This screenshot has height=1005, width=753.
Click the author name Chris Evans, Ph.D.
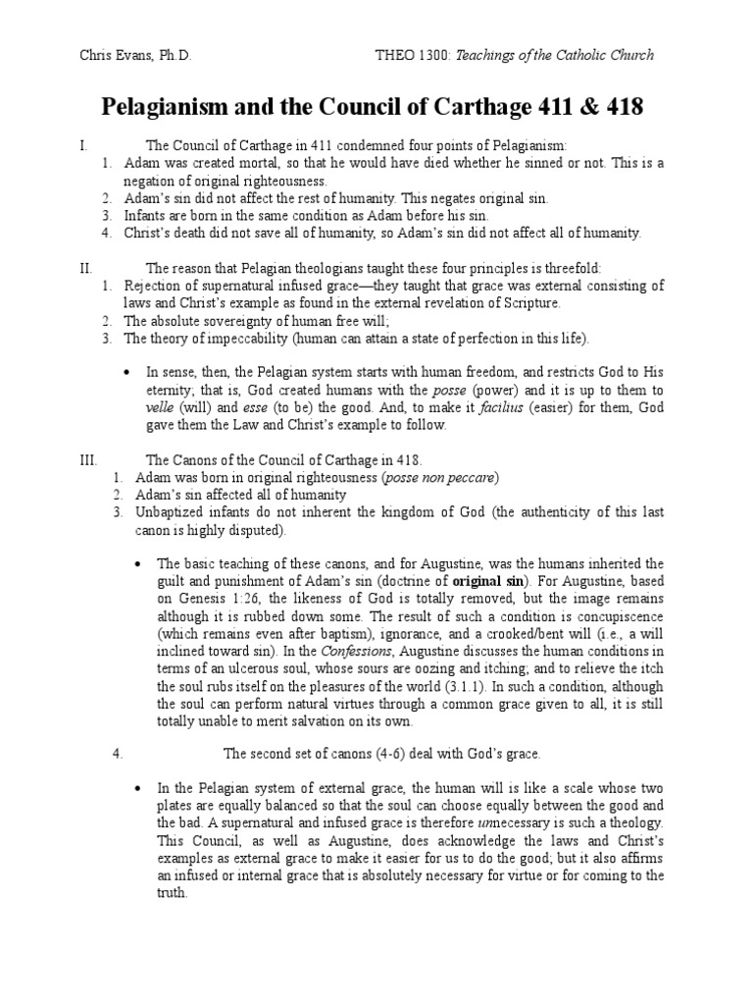tap(136, 55)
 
